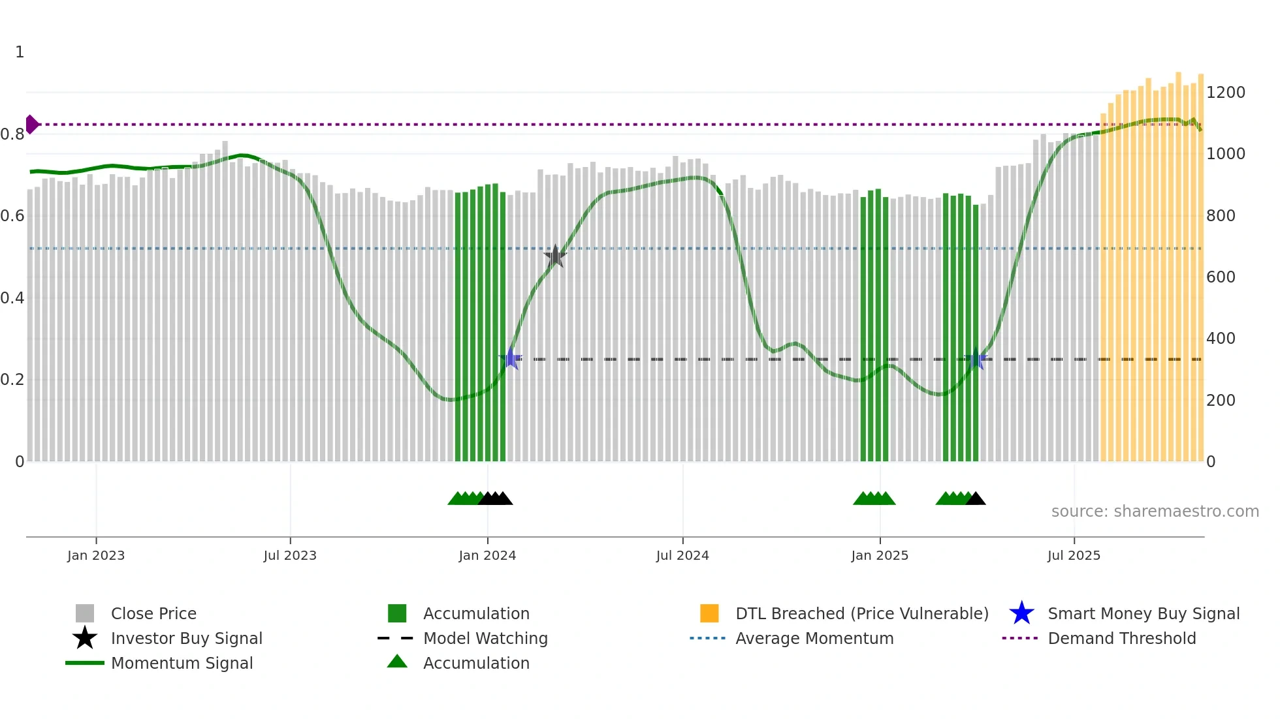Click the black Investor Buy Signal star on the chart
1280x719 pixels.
(x=555, y=256)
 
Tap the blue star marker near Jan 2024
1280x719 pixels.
(x=510, y=359)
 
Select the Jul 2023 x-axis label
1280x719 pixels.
(x=290, y=556)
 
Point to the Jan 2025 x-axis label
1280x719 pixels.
(x=880, y=556)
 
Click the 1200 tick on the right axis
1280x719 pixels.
(x=1225, y=93)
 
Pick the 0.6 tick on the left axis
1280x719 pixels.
(x=13, y=216)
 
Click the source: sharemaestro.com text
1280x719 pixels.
(x=1155, y=512)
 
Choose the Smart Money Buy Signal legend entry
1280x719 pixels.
(x=1143, y=614)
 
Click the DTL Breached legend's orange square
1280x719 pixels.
(x=709, y=613)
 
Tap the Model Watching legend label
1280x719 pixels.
(x=485, y=639)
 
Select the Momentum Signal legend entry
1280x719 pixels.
(x=182, y=664)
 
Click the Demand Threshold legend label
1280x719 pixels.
(x=1121, y=639)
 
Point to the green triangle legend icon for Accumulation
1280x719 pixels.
(x=397, y=662)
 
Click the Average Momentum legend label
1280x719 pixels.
(x=814, y=639)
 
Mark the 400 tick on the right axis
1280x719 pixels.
(x=1221, y=339)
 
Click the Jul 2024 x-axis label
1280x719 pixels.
(x=682, y=556)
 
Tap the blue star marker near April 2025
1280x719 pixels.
(x=975, y=359)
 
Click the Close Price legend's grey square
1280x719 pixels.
(x=85, y=613)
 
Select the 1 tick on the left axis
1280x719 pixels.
(x=20, y=52)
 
